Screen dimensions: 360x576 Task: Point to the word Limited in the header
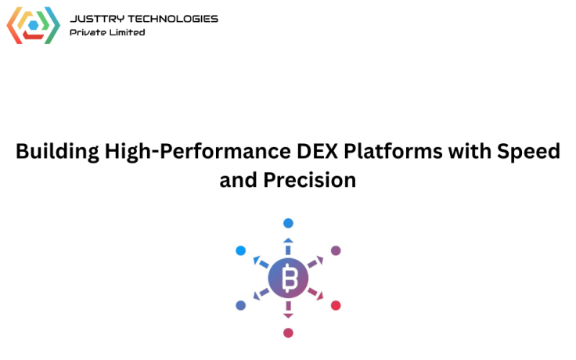coord(128,32)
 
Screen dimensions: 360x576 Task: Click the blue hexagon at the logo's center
coord(33,25)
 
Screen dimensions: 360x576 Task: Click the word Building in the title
coord(57,152)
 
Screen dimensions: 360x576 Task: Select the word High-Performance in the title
coord(185,152)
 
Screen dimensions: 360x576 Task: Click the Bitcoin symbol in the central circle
coord(288,278)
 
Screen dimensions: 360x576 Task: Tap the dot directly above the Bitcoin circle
coord(288,223)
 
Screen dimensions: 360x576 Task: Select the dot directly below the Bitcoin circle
coord(288,333)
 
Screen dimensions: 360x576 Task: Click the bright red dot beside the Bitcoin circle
coord(336,305)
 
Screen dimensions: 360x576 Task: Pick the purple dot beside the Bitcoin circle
coord(336,250)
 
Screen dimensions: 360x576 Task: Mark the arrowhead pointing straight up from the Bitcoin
coord(288,240)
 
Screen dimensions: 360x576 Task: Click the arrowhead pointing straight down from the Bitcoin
coord(288,315)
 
